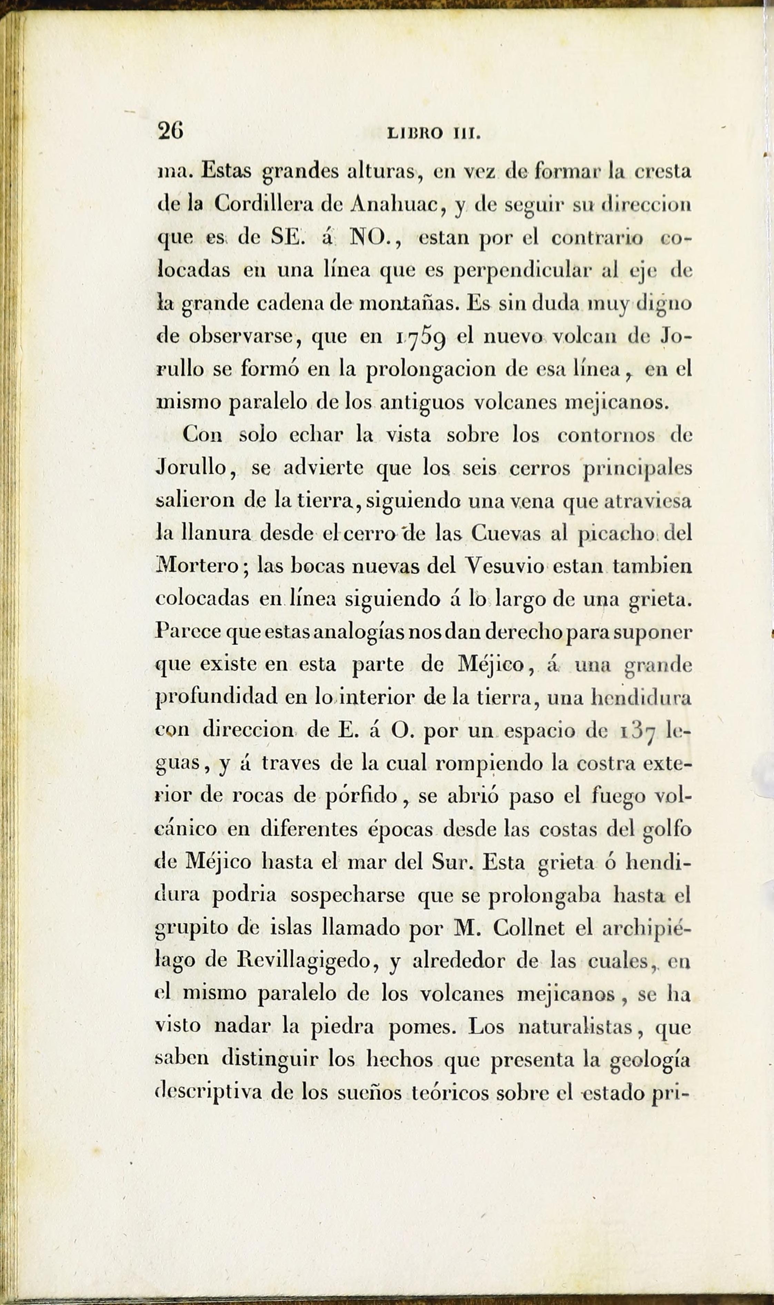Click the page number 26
(x=170, y=130)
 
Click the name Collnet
(x=528, y=927)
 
